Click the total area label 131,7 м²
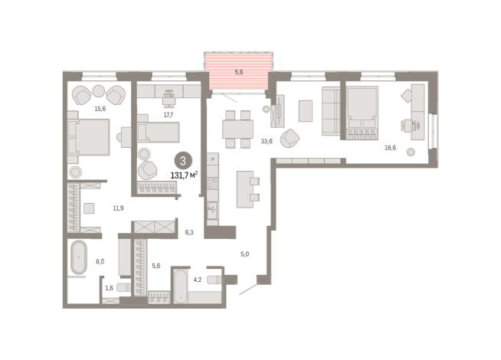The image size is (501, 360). [x=184, y=175]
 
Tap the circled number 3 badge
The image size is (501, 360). [x=183, y=160]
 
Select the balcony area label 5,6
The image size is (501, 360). [x=239, y=72]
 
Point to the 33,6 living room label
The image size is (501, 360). [x=267, y=141]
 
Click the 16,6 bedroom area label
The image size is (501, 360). [x=390, y=148]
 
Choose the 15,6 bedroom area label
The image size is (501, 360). [x=100, y=109]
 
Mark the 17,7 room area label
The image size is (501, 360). [x=169, y=115]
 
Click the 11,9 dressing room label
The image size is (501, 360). [x=118, y=208]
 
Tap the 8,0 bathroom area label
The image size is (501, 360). [x=100, y=262]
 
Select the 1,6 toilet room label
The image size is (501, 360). [x=109, y=288]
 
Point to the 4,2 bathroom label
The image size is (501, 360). [x=198, y=280]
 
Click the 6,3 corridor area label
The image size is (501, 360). [x=189, y=233]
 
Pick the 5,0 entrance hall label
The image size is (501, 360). [x=244, y=254]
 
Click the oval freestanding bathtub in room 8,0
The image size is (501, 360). [x=79, y=257]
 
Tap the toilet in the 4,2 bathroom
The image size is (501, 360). [x=214, y=280]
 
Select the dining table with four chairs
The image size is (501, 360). [x=237, y=129]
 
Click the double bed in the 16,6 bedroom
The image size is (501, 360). [x=362, y=113]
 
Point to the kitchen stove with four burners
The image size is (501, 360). [x=212, y=183]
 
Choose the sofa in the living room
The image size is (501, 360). [x=331, y=111]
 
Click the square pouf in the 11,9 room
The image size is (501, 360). [x=89, y=208]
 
